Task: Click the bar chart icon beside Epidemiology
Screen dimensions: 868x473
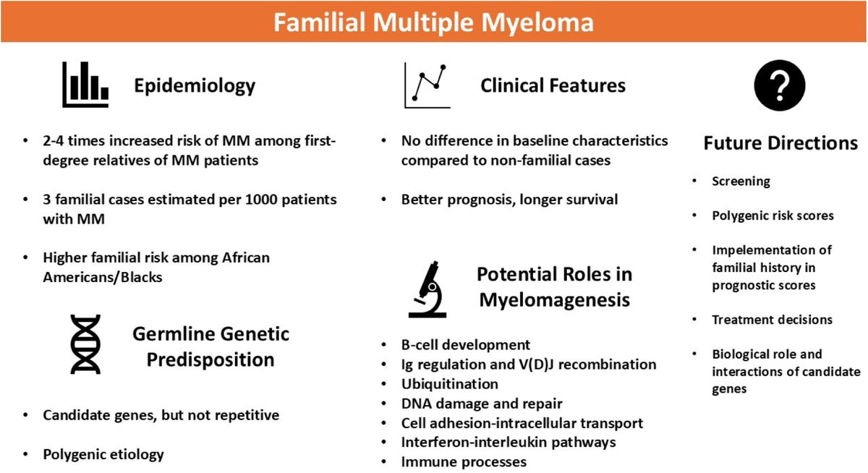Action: point(85,85)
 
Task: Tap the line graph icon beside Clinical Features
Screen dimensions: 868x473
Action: point(427,85)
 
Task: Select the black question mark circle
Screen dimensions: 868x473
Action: point(780,85)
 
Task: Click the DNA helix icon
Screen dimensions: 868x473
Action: point(85,344)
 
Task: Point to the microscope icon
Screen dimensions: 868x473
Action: point(427,289)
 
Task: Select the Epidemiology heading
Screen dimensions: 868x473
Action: point(195,86)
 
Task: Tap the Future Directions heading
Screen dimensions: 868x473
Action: point(780,143)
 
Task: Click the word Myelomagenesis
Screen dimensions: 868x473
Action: point(555,300)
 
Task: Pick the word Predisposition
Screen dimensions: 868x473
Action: point(210,360)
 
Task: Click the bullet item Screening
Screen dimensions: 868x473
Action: point(741,182)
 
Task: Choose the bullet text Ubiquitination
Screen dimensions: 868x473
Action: point(449,384)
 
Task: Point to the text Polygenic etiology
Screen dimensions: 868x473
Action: point(103,454)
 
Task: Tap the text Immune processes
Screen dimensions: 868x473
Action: point(464,461)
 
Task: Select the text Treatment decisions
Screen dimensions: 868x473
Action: point(773,320)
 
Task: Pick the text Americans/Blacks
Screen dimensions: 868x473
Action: point(103,278)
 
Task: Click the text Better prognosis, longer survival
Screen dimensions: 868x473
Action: point(509,200)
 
